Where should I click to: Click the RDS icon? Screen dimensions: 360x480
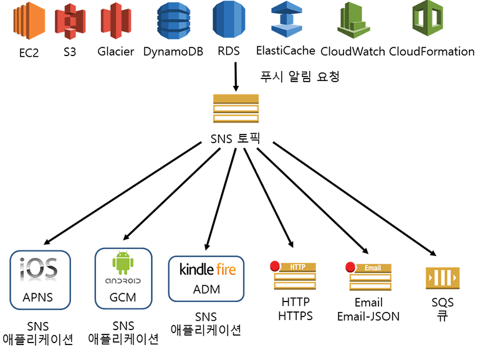[228, 20]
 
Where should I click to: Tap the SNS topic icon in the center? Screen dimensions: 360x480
[236, 109]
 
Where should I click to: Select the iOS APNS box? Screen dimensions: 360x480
[39, 279]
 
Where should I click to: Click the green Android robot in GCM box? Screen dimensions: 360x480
[123, 263]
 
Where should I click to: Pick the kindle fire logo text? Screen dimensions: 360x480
[208, 269]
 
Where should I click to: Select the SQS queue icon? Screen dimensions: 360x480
[443, 276]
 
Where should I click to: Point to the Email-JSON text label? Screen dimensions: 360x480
[368, 316]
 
